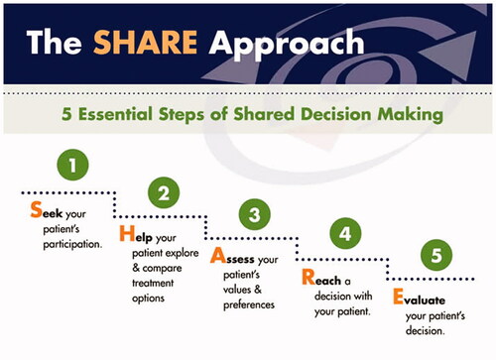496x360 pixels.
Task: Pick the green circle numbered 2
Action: coord(164,191)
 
